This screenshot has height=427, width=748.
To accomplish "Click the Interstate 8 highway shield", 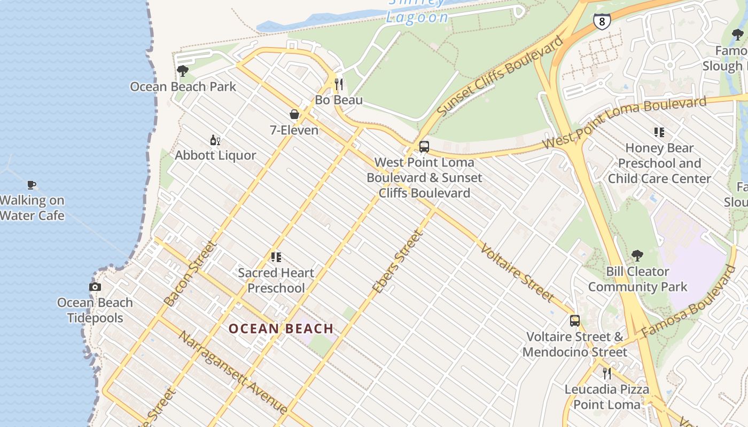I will [602, 21].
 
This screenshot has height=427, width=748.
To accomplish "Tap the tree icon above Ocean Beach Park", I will [182, 71].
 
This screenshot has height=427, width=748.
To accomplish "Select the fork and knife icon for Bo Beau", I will [339, 84].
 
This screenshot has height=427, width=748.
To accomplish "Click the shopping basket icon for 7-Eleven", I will [294, 114].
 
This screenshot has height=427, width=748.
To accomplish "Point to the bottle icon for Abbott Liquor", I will [215, 140].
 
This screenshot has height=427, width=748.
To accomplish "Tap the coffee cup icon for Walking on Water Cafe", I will [32, 185].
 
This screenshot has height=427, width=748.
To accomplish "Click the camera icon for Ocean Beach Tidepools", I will [95, 287].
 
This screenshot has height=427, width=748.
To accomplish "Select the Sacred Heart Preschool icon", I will [276, 257].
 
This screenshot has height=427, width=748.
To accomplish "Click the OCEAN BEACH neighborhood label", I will [281, 329].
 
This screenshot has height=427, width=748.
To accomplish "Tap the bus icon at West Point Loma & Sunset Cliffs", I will [424, 146].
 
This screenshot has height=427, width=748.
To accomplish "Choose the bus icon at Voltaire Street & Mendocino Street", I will [575, 321].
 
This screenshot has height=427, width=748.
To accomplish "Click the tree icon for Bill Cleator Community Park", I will [637, 256].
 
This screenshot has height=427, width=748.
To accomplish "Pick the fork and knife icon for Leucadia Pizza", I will [606, 373].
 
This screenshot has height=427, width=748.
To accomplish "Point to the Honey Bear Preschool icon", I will [659, 132].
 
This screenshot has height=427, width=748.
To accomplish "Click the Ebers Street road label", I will [398, 262].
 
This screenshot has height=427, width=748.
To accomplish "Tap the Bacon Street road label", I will [190, 274].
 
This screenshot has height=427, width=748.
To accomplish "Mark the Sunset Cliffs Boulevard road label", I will [501, 75].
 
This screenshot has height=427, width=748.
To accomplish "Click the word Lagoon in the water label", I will [417, 17].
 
